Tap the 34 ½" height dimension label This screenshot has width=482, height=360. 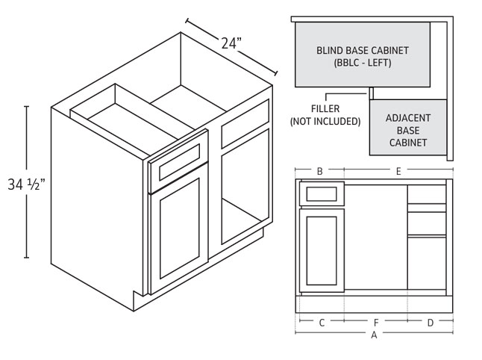click(x=26, y=184)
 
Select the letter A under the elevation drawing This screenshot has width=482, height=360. click(x=374, y=335)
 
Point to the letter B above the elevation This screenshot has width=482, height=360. click(x=319, y=171)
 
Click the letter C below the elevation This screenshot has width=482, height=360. click(x=322, y=323)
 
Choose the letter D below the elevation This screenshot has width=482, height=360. click(x=431, y=323)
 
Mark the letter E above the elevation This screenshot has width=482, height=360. click(x=398, y=171)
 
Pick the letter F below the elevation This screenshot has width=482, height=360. click(x=376, y=323)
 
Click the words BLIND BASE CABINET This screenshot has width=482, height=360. click(x=363, y=51)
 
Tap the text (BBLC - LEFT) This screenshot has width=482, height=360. click(x=363, y=63)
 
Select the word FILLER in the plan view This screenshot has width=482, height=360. click(x=325, y=108)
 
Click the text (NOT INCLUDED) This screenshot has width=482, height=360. click(x=325, y=121)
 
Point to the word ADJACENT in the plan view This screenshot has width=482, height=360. click(x=408, y=118)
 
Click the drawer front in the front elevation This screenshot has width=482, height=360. click(x=322, y=194)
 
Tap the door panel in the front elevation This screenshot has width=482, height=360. click(x=322, y=250)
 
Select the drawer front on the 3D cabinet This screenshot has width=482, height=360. click(x=178, y=161)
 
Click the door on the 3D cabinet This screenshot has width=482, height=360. click(x=179, y=229)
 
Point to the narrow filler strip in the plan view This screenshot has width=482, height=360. click(x=372, y=93)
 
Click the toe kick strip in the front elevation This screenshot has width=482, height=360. click(x=374, y=305)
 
